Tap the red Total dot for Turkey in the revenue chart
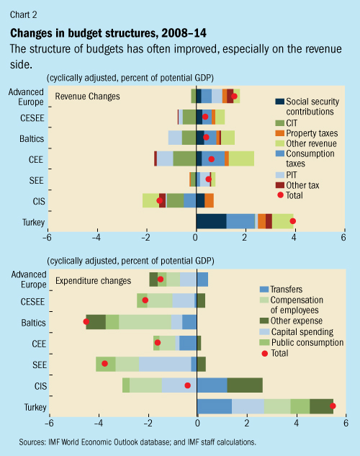(293, 221)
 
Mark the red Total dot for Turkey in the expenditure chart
(332, 406)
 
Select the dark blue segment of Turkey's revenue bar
(211, 221)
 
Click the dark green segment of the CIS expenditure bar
(245, 385)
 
